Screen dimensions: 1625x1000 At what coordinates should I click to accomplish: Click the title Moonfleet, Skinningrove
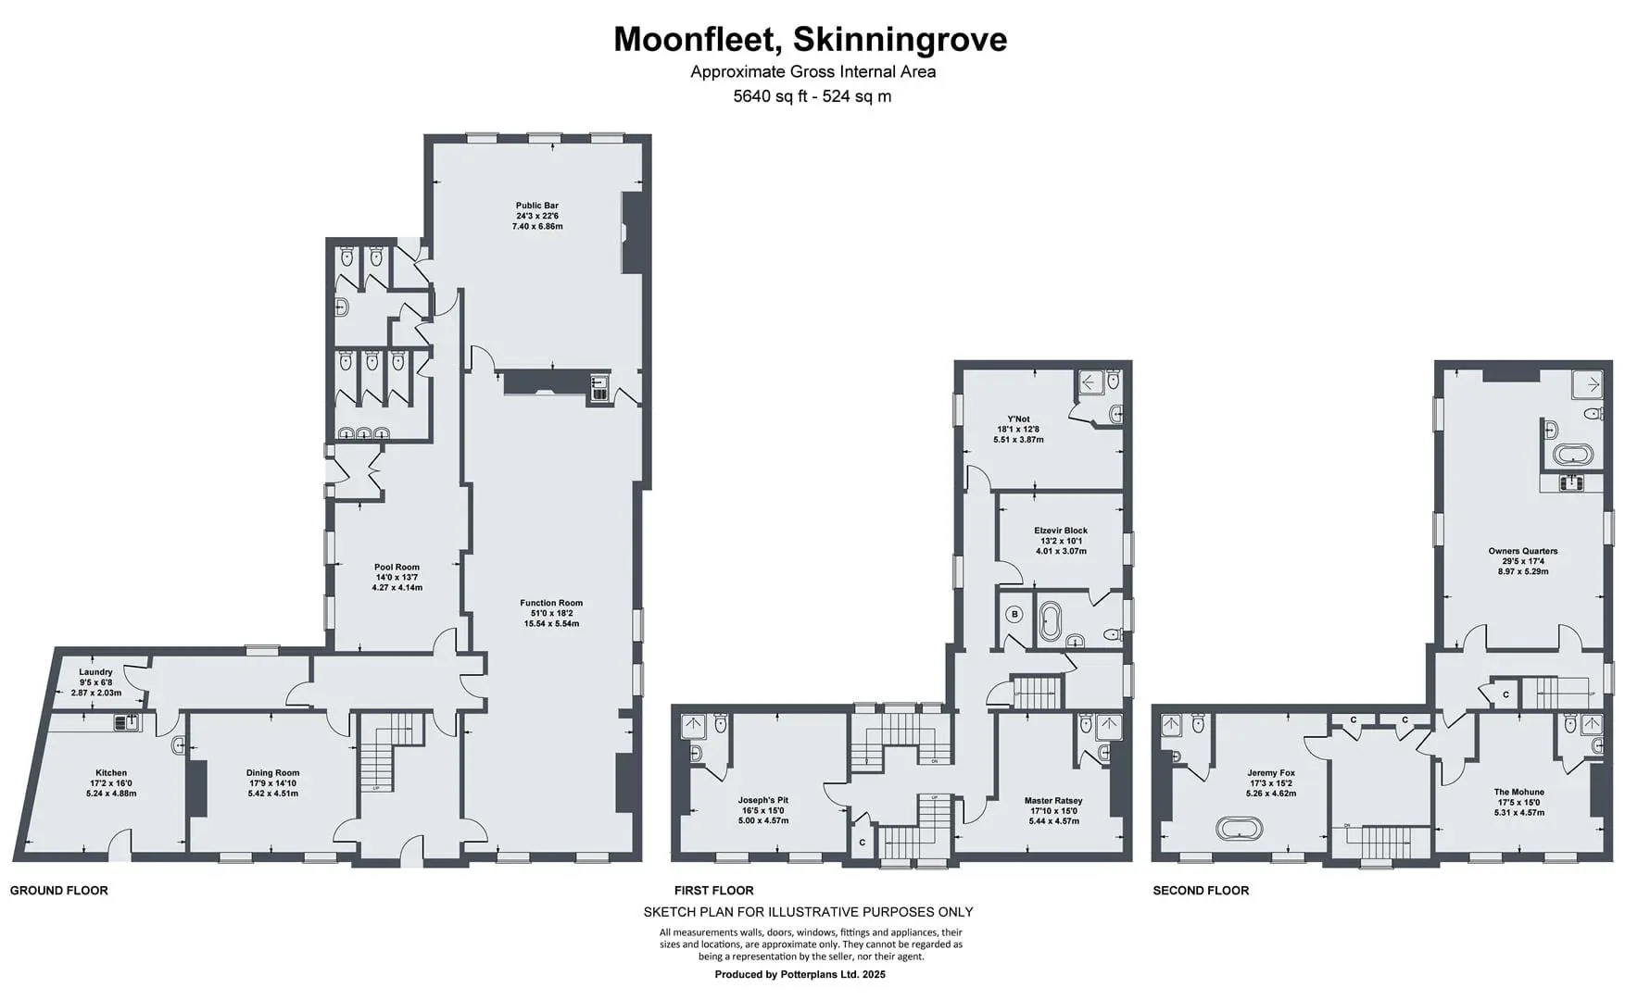point(811,40)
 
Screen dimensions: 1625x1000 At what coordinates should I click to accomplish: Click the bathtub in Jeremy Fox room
point(1240,827)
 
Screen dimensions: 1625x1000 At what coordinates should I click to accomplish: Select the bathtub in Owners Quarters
point(1573,455)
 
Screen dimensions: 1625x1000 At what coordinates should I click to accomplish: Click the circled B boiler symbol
point(1014,614)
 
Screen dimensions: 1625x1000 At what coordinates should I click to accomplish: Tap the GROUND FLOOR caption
point(59,891)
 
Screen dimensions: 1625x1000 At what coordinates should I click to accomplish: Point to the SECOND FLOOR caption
point(1201,891)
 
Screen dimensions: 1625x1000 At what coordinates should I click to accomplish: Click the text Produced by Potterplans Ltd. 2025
point(800,974)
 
